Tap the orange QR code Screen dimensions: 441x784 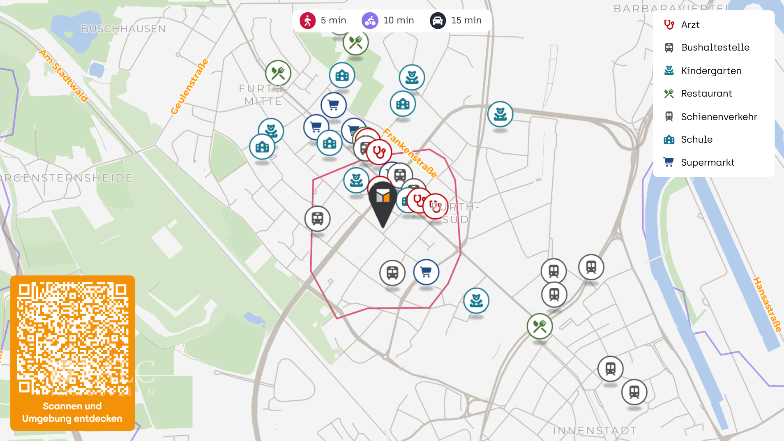point(72,338)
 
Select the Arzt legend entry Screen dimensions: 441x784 point(690,25)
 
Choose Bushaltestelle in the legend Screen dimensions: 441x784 point(715,47)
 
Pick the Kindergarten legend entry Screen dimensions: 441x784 point(711,71)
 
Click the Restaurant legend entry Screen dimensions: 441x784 point(706,93)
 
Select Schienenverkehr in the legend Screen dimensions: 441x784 point(719,117)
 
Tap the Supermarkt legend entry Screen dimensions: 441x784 point(708,162)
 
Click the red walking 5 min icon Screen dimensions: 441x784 point(307,21)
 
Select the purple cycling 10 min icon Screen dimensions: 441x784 point(370,21)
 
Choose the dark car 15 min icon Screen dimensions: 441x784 point(438,21)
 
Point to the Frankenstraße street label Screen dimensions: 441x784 point(410,152)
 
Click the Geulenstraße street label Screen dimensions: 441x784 point(189,87)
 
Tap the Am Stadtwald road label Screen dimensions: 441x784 point(64,76)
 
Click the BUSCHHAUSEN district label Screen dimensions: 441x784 point(123,29)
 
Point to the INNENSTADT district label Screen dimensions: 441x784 point(595,430)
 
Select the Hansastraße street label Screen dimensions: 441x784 point(767,304)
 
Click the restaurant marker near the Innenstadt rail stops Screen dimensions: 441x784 point(540,326)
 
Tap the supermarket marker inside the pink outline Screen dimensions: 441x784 point(426,272)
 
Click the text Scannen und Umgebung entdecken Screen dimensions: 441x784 point(72,412)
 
